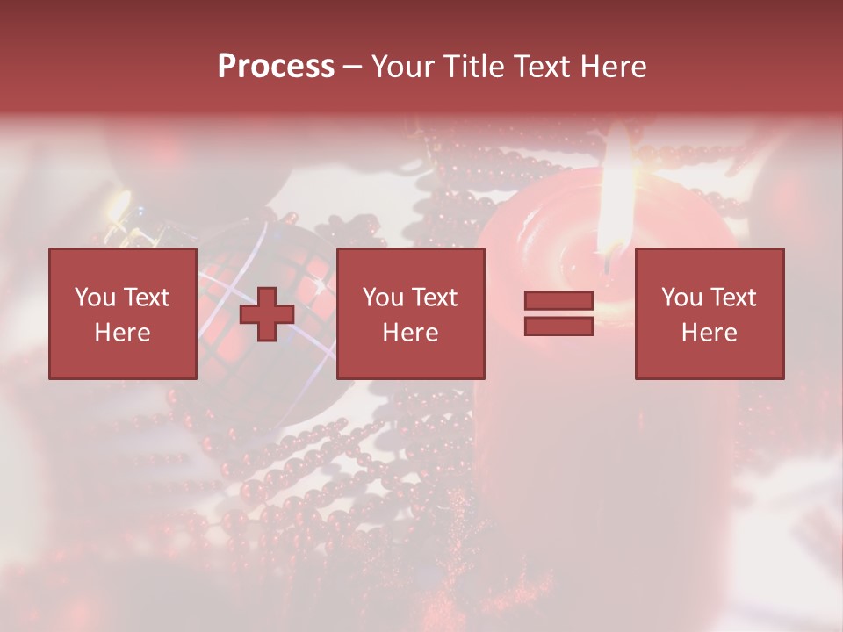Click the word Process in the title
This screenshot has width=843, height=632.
point(276,67)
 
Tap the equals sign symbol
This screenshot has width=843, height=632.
point(558,313)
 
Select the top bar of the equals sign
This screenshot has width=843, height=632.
point(558,301)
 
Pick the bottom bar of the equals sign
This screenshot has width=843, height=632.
point(558,326)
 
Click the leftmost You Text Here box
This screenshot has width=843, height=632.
point(123,313)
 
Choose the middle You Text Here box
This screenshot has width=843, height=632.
point(411,313)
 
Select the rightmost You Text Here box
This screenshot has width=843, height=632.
point(710,313)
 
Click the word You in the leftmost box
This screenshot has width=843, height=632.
point(95,298)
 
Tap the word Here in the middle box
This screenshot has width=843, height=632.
point(411,333)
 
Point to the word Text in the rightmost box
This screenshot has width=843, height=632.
point(732,298)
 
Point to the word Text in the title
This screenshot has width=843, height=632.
point(541,67)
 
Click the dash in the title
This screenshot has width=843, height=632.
point(353,67)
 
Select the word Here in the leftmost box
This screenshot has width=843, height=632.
point(123,333)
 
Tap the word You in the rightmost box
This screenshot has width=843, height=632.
point(682,298)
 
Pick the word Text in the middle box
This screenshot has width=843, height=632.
point(434,298)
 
